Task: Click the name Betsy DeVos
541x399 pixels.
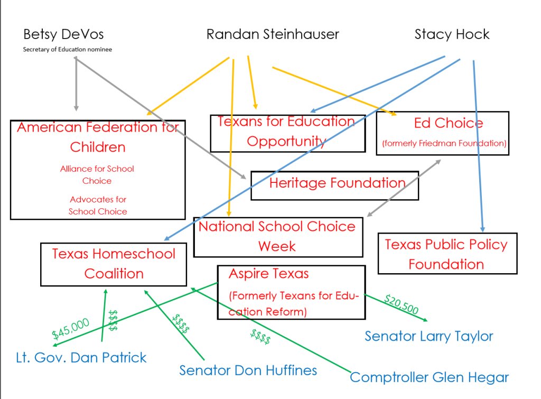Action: [63, 34]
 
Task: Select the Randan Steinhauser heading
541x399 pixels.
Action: [273, 34]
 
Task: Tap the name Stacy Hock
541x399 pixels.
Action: [452, 34]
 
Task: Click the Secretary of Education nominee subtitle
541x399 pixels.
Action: [68, 49]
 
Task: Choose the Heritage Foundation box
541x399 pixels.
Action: [334, 185]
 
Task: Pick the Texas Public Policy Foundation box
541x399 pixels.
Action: [447, 254]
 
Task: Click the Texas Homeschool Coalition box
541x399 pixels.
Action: [114, 264]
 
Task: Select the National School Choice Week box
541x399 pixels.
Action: [278, 237]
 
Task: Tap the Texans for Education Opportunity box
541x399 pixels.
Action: [288, 133]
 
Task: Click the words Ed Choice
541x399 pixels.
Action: [449, 123]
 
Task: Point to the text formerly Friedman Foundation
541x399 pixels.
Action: [444, 143]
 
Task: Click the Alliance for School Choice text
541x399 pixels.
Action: [97, 174]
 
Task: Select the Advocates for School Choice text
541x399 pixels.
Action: [98, 206]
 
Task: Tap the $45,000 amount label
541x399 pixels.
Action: [70, 329]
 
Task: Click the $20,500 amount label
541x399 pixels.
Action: [402, 304]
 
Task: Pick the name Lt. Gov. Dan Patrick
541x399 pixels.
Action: [81, 358]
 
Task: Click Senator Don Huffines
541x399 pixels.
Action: [248, 370]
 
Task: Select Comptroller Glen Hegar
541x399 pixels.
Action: [429, 378]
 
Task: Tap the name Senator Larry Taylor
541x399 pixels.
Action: [429, 336]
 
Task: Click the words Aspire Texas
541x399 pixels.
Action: [269, 274]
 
